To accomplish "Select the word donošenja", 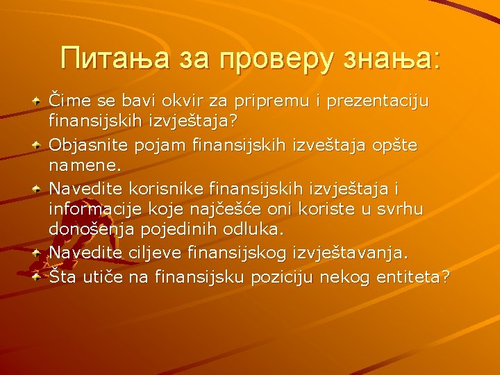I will pyautogui.click(x=88, y=229).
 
